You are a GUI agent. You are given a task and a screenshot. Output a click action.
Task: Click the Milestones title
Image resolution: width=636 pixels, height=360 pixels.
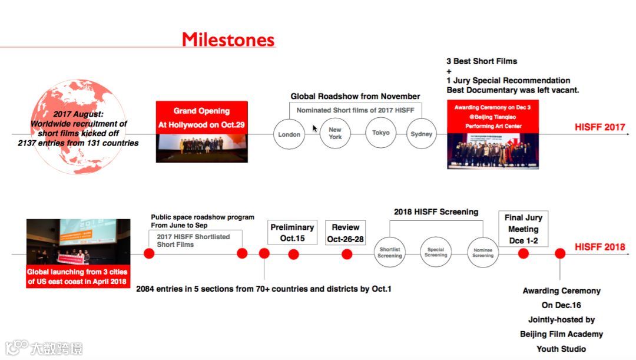[x=228, y=39]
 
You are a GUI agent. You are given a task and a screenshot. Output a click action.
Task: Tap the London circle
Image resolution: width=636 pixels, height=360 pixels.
[x=289, y=134]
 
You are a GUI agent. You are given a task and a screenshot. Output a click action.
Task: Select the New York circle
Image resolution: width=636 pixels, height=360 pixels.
[x=335, y=133]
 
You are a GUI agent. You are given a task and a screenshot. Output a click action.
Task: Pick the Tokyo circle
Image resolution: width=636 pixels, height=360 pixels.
[x=381, y=133]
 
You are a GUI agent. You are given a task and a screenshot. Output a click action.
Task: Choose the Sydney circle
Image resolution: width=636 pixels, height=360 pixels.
[x=422, y=134]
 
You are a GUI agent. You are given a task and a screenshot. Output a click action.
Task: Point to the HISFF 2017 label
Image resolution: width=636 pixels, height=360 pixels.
[x=600, y=127]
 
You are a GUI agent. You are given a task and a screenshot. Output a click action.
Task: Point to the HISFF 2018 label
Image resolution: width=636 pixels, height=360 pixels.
[x=600, y=247]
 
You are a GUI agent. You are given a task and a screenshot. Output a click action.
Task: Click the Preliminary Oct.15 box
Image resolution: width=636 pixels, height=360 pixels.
[x=292, y=233]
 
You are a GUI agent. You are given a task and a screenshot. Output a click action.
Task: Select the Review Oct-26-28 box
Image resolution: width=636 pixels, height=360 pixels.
[x=346, y=233]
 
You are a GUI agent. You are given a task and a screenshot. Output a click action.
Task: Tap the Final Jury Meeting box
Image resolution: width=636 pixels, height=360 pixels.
[x=523, y=229]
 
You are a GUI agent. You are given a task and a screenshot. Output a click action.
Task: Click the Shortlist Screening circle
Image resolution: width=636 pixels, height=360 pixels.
[x=390, y=252]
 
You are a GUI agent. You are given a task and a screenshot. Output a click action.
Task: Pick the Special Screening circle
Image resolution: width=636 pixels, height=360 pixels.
[x=436, y=252]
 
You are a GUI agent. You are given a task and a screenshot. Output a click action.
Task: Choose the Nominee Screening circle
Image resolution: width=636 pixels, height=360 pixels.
[x=483, y=252]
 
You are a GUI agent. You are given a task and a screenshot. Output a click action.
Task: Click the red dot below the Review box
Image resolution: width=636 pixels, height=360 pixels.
[x=347, y=254]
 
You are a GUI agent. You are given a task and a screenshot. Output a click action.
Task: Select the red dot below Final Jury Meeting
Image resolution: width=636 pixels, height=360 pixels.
[x=523, y=253]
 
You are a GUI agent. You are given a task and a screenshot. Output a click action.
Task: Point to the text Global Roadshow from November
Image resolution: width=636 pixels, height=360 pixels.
[x=355, y=96]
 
